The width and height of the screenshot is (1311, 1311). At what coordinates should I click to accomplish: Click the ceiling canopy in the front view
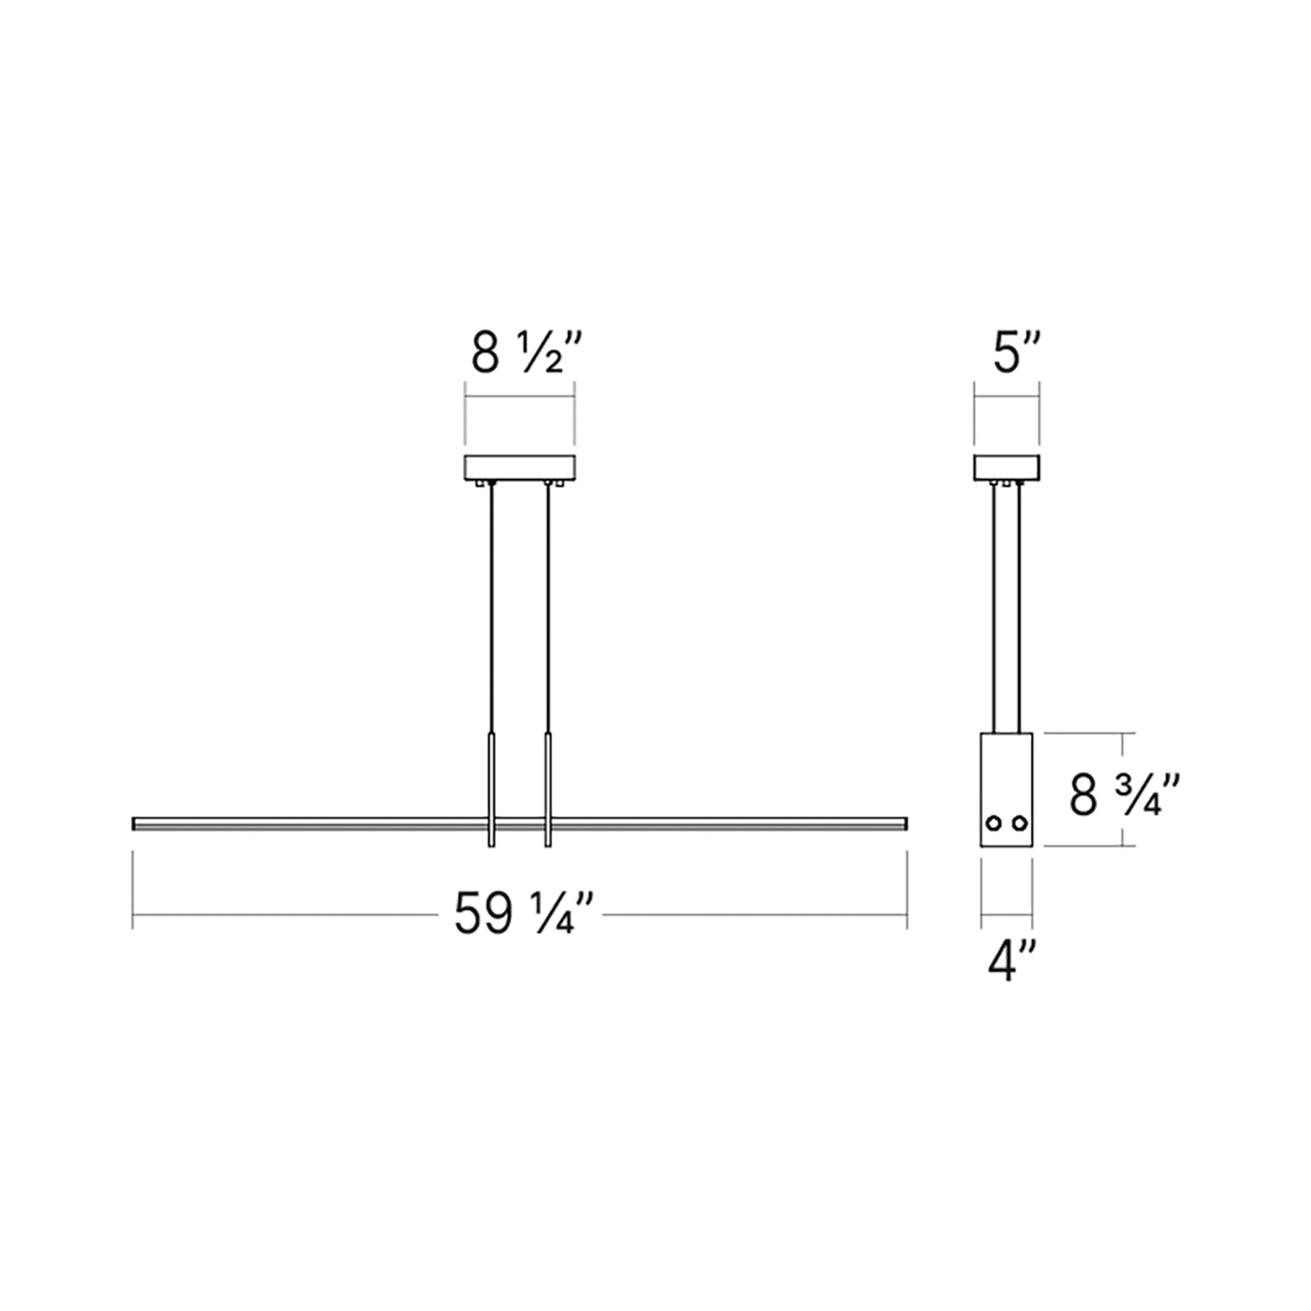(520, 467)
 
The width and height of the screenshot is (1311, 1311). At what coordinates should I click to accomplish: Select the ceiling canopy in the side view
(1006, 467)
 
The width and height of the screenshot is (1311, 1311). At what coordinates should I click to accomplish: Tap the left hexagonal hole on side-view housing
(994, 823)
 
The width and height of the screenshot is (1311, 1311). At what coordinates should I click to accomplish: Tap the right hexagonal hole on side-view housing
(1019, 823)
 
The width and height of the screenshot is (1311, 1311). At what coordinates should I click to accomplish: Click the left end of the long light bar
(135, 824)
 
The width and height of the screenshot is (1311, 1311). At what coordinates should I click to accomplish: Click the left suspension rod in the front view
(492, 611)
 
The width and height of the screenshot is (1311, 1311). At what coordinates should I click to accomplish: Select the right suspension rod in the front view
(548, 611)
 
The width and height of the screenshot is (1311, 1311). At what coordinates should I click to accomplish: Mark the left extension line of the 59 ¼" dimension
(132, 889)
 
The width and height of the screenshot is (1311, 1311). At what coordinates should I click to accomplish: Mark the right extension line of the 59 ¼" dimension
(907, 889)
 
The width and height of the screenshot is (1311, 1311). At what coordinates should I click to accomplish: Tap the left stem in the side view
(995, 611)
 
